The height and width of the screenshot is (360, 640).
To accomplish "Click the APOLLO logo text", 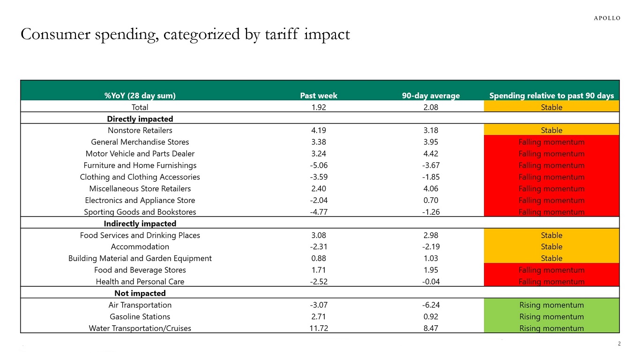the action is (607, 18).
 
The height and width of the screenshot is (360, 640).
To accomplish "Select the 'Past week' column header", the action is (319, 96).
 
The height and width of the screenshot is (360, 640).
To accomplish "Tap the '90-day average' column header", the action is (431, 96).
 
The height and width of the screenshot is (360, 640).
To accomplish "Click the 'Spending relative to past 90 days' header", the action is (551, 96).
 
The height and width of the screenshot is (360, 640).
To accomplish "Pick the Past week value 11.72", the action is (319, 328).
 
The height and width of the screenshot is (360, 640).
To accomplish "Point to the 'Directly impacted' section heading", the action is (140, 119).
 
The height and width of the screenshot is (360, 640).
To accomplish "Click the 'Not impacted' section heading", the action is (140, 293).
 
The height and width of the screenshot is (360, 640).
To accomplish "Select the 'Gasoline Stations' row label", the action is (140, 316).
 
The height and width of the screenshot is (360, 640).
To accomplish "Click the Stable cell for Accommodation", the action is (551, 247).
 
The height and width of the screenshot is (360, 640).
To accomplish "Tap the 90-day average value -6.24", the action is (431, 305).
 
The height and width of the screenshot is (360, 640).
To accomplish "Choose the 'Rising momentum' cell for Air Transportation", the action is (551, 305).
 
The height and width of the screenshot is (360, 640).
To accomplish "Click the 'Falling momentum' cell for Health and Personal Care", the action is (551, 282).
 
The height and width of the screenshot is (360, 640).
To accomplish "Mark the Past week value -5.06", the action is (319, 165).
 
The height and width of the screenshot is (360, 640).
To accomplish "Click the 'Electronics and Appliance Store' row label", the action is (140, 200).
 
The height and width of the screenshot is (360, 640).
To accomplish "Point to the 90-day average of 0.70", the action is (431, 200).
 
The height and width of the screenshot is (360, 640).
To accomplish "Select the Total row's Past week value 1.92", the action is (319, 107).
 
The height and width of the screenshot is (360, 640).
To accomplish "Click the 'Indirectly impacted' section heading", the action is (140, 224).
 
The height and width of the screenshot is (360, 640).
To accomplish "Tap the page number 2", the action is (619, 344).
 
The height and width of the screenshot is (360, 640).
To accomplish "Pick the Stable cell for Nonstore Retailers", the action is (551, 130).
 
